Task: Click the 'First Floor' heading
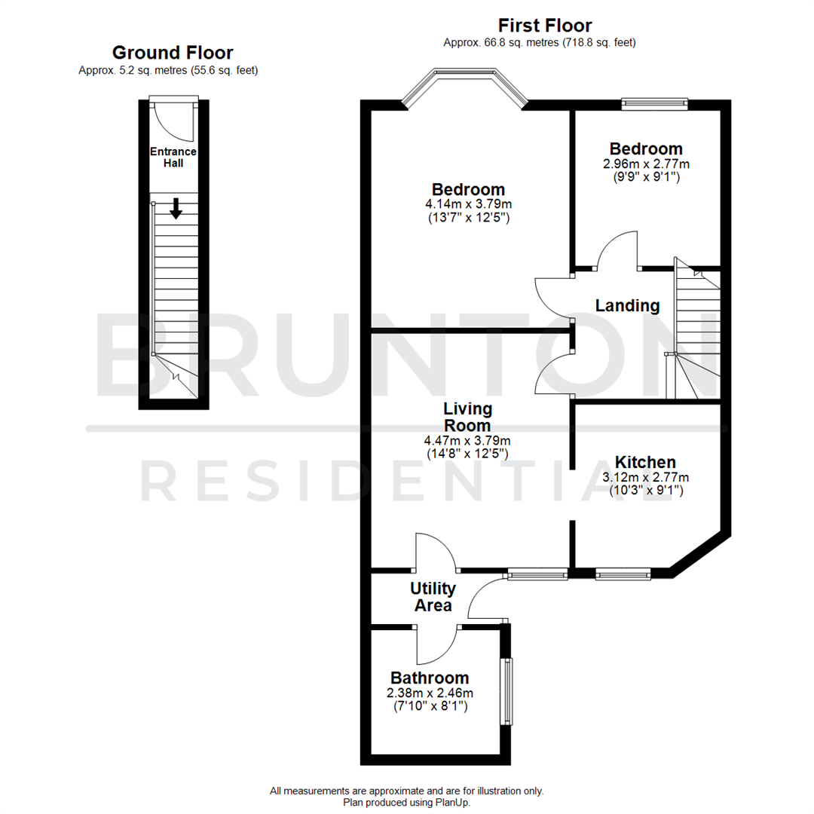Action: coord(545,26)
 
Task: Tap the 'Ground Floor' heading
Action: coord(173,53)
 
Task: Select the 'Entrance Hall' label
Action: coord(173,157)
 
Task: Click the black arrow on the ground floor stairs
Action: coord(176,208)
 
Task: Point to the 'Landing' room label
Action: coord(627,305)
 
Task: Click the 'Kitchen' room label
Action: coord(645,462)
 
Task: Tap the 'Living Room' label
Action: coord(467,418)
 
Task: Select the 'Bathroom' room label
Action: coord(430,678)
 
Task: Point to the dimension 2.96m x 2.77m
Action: coord(646,164)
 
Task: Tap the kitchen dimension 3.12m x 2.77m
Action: coord(645,477)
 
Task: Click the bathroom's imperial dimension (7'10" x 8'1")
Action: coord(430,706)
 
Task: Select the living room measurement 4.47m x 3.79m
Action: coord(467,441)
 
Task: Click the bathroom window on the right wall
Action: coord(507,691)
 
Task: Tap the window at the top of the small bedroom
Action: coord(654,103)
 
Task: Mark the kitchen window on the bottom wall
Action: coord(623,575)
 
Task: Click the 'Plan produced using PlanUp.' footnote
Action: coord(406,803)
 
